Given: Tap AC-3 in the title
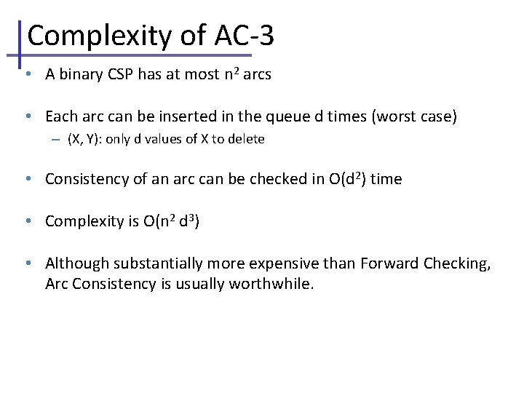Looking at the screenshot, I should click(245, 36).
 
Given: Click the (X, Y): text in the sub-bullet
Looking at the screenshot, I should click(84, 139).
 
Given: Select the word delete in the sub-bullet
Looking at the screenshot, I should click(247, 139).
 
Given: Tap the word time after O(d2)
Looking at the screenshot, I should click(386, 179).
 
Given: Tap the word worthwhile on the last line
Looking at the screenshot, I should click(271, 284).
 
